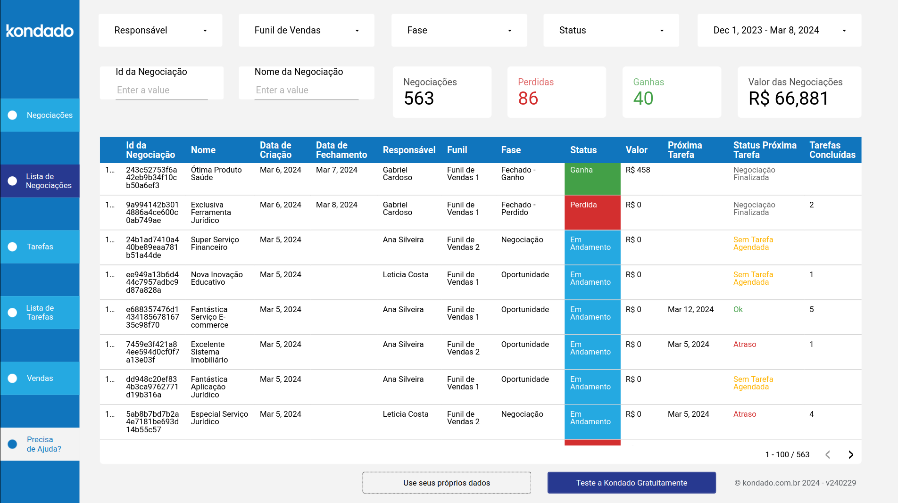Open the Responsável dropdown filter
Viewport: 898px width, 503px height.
coord(160,30)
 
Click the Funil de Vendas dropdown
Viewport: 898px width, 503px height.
coord(307,30)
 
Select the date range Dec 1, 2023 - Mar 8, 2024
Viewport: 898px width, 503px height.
coord(779,30)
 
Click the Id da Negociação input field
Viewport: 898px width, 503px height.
coord(162,90)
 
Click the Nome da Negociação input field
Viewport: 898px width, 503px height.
coord(307,90)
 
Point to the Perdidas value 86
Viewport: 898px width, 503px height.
coord(528,99)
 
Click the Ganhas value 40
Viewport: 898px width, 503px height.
coord(643,99)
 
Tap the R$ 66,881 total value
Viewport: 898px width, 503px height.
coord(789,99)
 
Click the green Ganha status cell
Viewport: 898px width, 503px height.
coord(592,179)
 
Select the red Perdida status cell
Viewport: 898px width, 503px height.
coord(592,212)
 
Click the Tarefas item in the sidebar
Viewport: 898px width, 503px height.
coord(40,247)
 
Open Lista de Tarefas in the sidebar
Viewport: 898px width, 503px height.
coord(40,312)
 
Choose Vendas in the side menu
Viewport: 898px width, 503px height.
coord(40,378)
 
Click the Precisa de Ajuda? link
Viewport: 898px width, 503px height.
coord(43,444)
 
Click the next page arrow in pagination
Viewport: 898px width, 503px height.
coord(851,454)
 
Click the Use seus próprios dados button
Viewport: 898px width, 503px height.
coord(447,483)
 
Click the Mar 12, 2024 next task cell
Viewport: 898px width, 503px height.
coord(690,309)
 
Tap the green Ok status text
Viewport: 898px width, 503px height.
coord(738,309)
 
